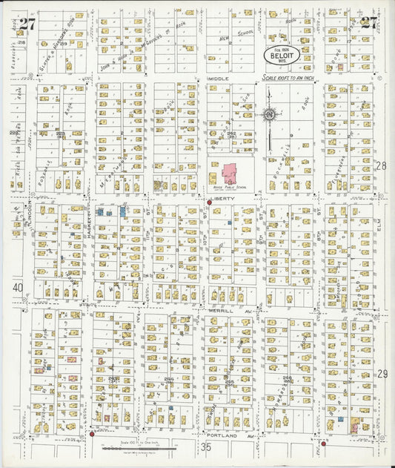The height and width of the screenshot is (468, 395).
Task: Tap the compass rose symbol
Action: click(270, 114)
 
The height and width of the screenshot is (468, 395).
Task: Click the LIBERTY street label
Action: click(220, 199)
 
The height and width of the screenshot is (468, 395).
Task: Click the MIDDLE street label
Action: click(219, 78)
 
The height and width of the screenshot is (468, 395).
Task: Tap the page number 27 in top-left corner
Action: click(27, 23)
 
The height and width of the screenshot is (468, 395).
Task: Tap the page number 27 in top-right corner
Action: click(369, 22)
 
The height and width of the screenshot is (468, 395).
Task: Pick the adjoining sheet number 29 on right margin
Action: click(382, 375)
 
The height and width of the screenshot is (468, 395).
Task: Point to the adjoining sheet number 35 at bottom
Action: click(206, 447)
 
